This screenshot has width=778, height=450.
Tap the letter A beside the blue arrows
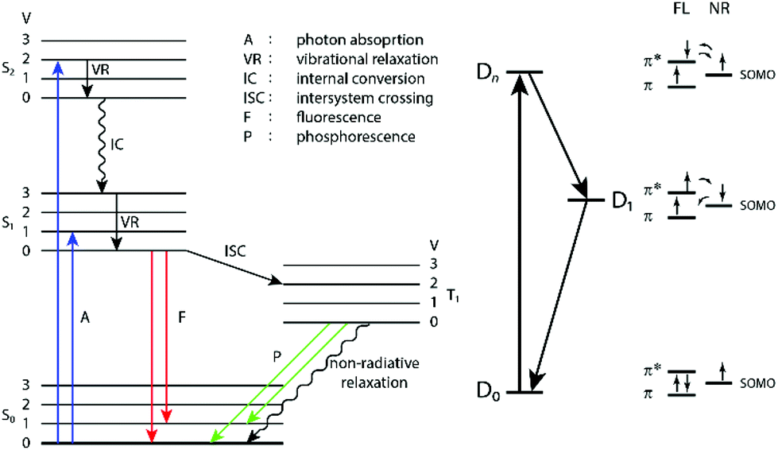tap(87, 317)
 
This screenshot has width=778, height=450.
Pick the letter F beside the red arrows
tap(182, 317)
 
